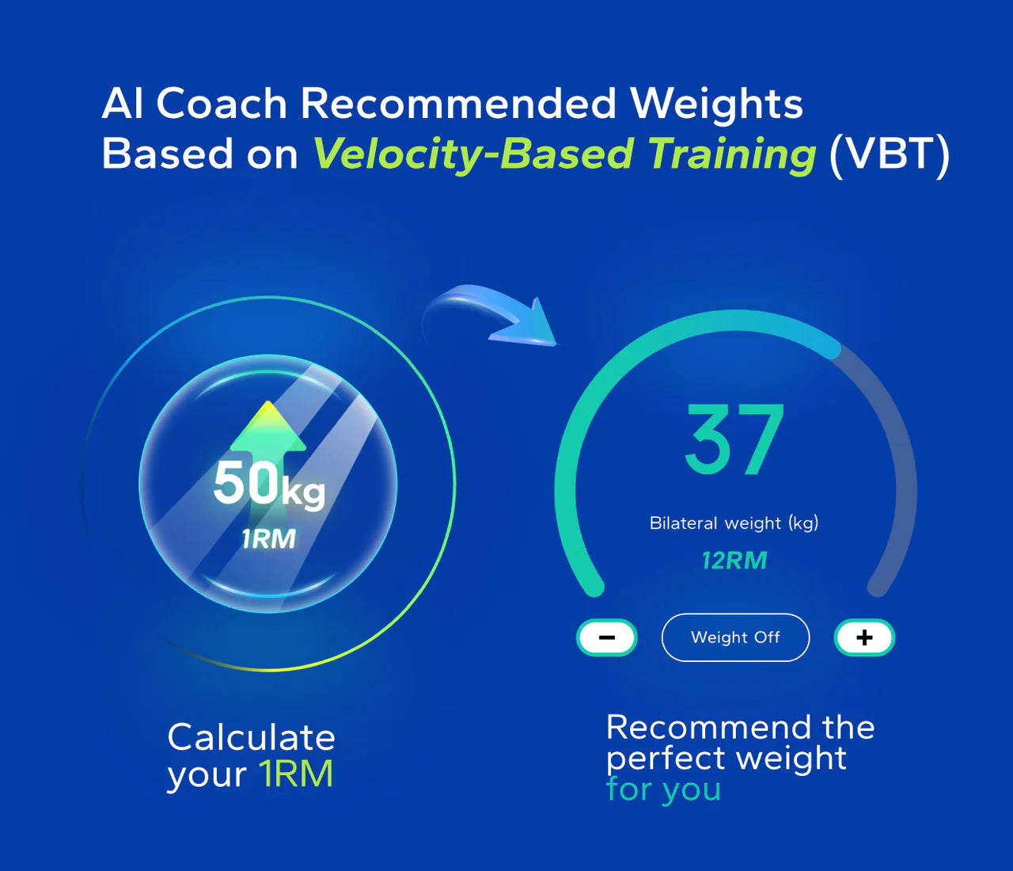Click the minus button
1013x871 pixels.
point(607,637)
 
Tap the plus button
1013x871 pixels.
point(864,637)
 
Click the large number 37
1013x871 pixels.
point(734,440)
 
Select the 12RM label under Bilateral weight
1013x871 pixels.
point(734,561)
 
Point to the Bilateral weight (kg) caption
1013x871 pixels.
point(734,523)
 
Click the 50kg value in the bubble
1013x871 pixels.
point(268,485)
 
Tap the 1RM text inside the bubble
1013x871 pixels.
point(268,539)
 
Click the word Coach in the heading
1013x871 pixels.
point(222,104)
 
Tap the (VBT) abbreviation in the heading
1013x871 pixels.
point(889,154)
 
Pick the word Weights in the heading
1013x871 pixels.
point(716,104)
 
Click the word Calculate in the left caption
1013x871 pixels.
point(252,738)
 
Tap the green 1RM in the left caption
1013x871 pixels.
point(297,774)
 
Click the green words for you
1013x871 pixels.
point(663,789)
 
